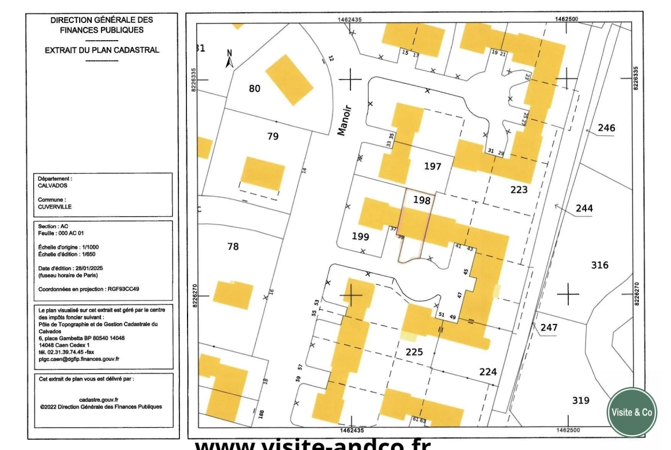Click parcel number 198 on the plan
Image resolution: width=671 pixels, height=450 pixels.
(x=421, y=201)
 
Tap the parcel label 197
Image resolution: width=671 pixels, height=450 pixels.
(x=432, y=166)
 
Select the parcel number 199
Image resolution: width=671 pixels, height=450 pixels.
(x=361, y=236)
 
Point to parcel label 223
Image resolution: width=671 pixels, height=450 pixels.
(x=518, y=189)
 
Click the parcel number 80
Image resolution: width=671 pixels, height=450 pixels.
(x=254, y=88)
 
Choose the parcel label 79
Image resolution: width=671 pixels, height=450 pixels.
(x=272, y=136)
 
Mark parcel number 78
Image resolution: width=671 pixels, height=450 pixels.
(x=233, y=246)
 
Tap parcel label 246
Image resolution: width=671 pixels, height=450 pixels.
(x=606, y=128)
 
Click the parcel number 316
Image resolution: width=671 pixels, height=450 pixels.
(x=600, y=265)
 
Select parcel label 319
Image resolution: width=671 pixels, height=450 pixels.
(x=580, y=400)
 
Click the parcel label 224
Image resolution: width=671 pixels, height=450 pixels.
(x=487, y=372)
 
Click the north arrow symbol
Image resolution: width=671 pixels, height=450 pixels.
(x=229, y=60)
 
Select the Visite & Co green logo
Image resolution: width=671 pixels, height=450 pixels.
(x=631, y=412)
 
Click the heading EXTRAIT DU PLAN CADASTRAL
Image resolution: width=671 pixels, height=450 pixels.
(x=102, y=50)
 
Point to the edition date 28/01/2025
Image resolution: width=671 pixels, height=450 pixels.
(x=87, y=268)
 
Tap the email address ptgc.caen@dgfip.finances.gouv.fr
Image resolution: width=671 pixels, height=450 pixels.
(x=79, y=359)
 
